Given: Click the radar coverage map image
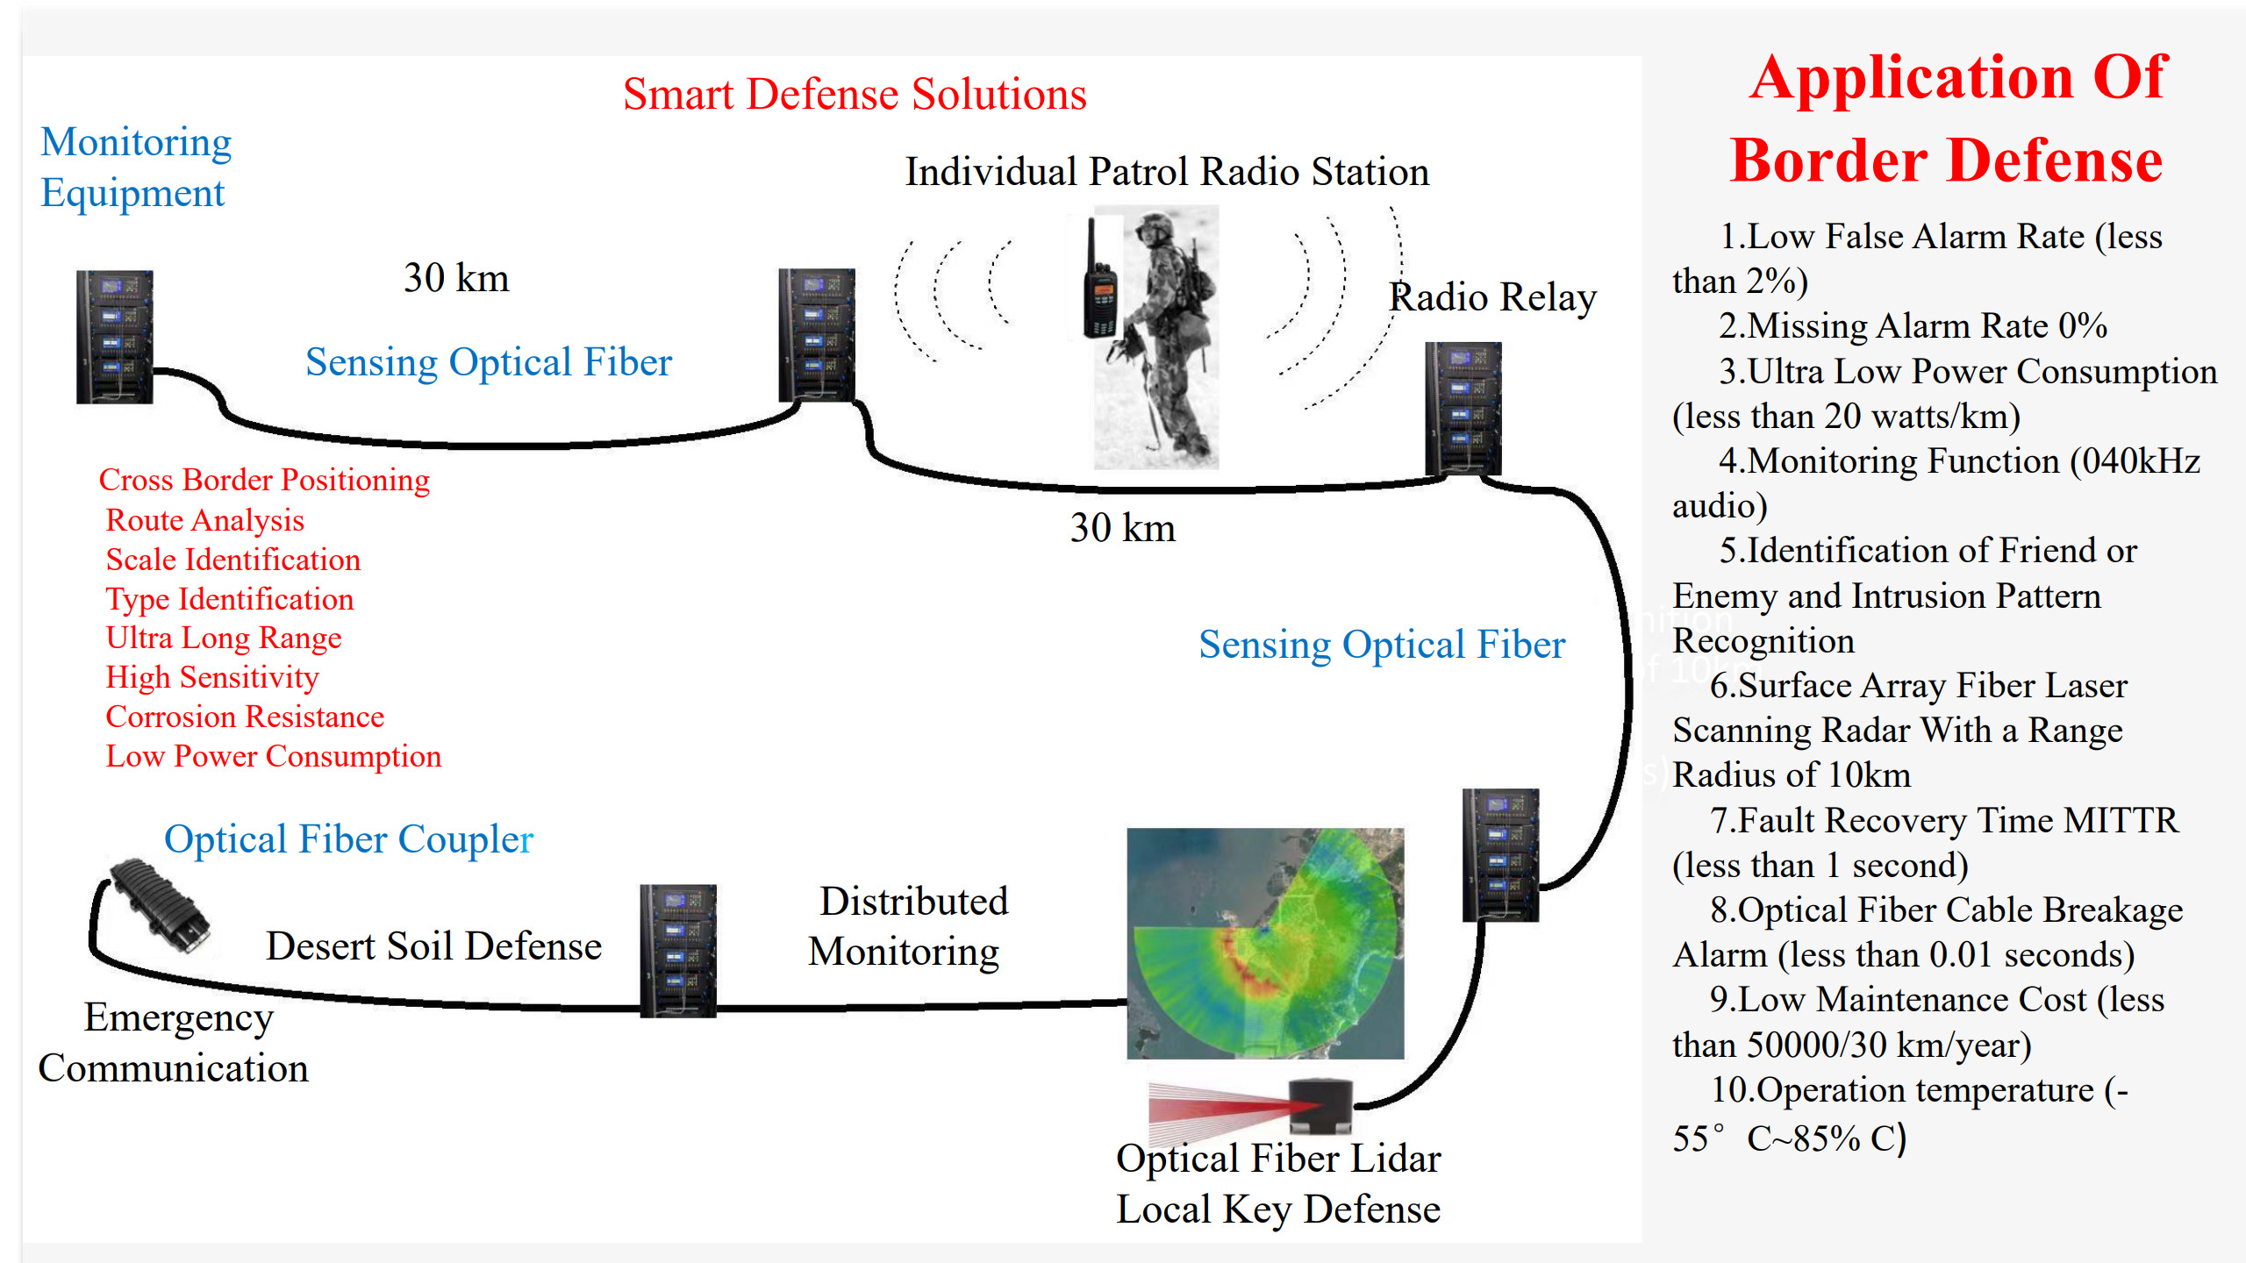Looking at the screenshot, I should pyautogui.click(x=1265, y=943).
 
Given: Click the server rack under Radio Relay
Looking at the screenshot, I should pyautogui.click(x=1463, y=409).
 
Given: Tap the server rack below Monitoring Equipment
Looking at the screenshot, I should pyautogui.click(x=115, y=337).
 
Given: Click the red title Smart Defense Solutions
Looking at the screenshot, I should pyautogui.click(x=855, y=95).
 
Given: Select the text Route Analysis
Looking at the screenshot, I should pyautogui.click(x=204, y=520).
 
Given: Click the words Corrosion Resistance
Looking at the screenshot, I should pyautogui.click(x=245, y=717).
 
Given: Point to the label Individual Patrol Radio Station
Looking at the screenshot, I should pyautogui.click(x=1167, y=172).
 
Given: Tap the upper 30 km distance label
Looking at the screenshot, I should pyautogui.click(x=456, y=278).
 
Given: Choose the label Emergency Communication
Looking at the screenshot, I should pyautogui.click(x=175, y=1043).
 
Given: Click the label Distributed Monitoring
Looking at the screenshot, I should pyautogui.click(x=908, y=926).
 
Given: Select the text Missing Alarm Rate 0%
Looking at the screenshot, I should pyautogui.click(x=1913, y=326).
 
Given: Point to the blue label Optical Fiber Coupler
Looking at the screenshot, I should pyautogui.click(x=348, y=839).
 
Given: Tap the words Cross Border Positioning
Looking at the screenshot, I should pyautogui.click(x=264, y=480).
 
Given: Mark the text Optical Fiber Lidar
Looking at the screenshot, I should pyautogui.click(x=1278, y=1159).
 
